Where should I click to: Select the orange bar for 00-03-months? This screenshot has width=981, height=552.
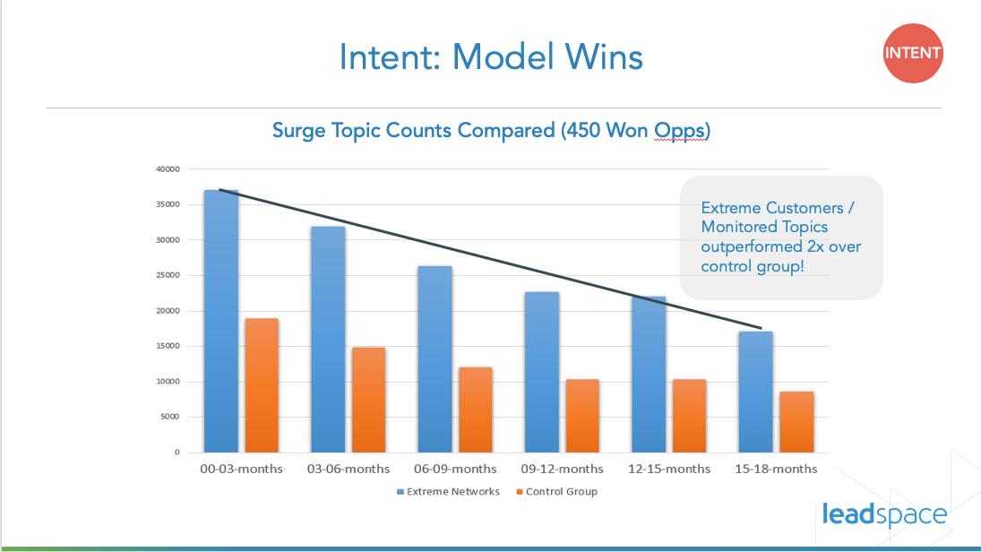[261, 385]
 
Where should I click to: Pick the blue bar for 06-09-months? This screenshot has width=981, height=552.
[435, 358]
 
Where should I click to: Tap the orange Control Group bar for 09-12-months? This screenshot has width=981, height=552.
[581, 416]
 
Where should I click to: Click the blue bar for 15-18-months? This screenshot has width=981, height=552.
[755, 392]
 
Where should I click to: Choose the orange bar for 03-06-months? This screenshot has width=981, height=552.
[368, 400]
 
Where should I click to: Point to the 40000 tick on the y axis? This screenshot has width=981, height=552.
[168, 169]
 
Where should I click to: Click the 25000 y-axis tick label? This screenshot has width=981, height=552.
[168, 275]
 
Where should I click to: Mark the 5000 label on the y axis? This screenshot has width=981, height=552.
[170, 417]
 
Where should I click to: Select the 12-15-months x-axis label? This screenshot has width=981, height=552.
[668, 469]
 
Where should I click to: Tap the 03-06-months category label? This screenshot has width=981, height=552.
[349, 469]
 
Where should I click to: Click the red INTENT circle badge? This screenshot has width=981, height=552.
[912, 53]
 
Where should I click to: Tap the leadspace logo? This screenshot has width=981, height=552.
[883, 514]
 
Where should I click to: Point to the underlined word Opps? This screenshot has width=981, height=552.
[680, 131]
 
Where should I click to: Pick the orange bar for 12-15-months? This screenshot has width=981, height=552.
[689, 416]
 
